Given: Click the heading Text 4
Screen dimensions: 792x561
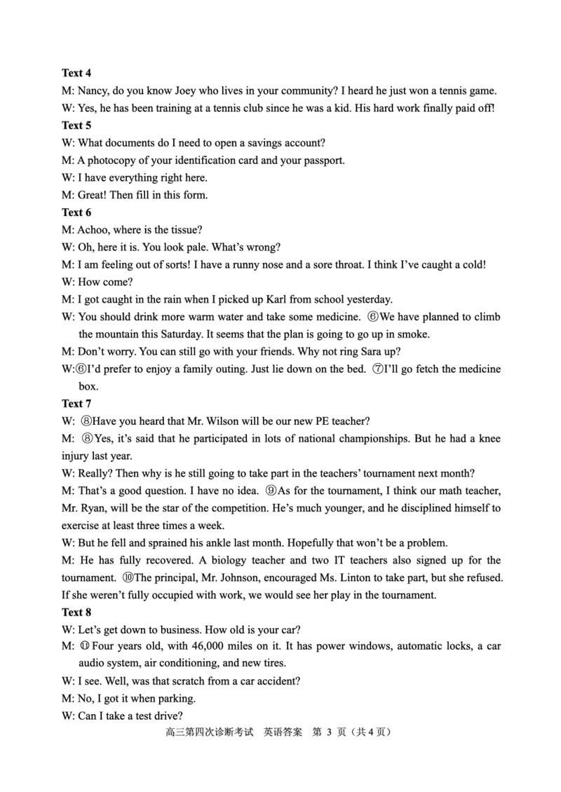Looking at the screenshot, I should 76,73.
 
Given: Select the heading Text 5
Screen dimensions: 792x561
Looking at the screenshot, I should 76,125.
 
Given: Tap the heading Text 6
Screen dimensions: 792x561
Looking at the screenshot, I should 76,212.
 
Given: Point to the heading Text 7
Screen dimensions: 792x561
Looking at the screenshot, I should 76,403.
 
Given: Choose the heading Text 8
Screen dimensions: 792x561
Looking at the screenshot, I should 76,612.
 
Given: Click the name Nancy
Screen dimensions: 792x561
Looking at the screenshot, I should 93,90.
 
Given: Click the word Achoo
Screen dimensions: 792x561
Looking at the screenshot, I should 93,230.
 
